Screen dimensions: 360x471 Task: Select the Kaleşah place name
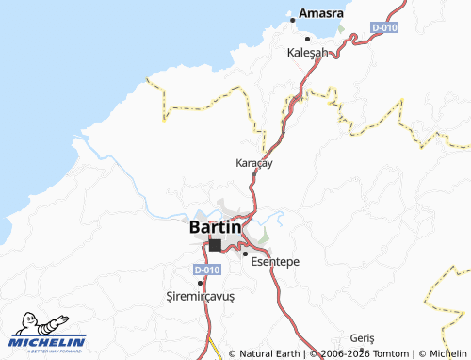tap(306, 53)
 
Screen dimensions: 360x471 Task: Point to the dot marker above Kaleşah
tap(306, 39)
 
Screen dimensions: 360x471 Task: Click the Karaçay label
tap(253, 163)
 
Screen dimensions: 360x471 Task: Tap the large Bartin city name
tap(216, 227)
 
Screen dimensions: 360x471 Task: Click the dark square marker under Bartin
tap(215, 245)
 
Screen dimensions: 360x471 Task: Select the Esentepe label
tap(276, 261)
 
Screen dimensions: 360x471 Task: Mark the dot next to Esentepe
tap(246, 254)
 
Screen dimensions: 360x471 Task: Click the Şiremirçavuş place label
tap(200, 296)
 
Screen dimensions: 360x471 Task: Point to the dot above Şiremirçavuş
tap(200, 282)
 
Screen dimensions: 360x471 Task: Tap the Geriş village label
tap(363, 338)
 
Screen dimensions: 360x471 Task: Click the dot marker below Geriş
tap(363, 350)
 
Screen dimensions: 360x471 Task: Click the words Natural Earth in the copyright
tap(269, 354)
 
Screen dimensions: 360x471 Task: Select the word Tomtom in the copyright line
tap(381, 354)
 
